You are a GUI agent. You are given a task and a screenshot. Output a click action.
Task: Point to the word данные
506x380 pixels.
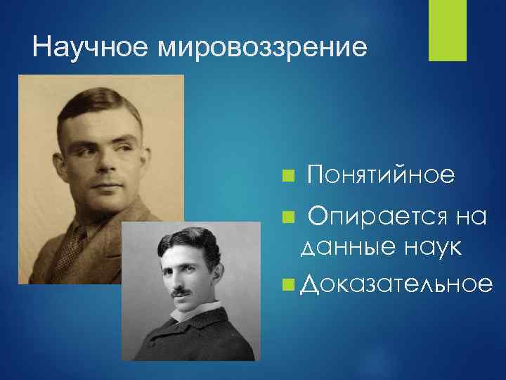(340, 247)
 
